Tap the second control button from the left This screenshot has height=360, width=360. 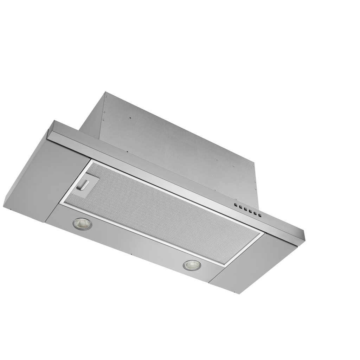click(240, 207)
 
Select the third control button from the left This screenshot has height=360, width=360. click(245, 209)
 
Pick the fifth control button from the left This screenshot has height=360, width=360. click(255, 213)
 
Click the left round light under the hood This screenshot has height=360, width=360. click(82, 224)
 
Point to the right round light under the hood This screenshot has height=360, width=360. click(192, 265)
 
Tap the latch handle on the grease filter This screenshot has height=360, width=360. click(83, 184)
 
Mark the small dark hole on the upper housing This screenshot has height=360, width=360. click(130, 118)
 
